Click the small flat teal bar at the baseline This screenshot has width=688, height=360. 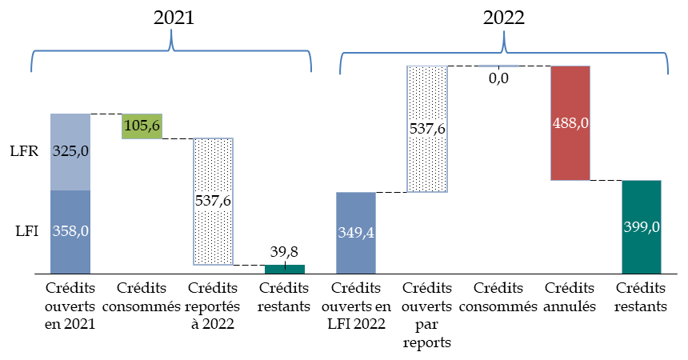point(285,270)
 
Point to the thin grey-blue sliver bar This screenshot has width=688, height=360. point(498,66)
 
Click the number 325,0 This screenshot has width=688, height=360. point(70,152)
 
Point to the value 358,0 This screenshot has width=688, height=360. point(70,231)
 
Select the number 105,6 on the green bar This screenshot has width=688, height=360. point(142,125)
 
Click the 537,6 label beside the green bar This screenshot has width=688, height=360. point(213,201)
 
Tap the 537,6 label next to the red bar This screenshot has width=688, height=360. point(427,129)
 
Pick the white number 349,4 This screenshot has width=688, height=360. point(356,234)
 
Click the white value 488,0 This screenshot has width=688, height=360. point(570,124)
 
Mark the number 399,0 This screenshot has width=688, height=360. point(642,227)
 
